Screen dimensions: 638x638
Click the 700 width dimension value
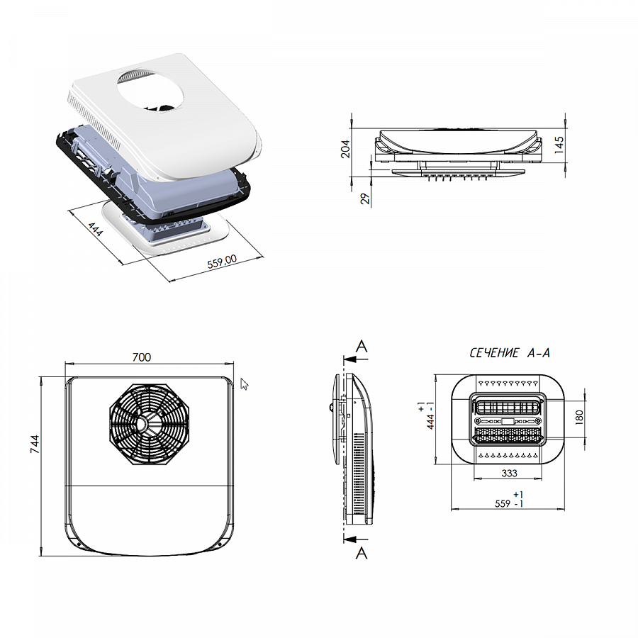(142, 357)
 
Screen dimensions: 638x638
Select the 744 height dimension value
(35, 444)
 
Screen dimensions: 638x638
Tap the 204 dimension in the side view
(345, 149)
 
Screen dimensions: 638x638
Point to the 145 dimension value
(559, 145)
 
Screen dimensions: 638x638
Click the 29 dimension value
(365, 198)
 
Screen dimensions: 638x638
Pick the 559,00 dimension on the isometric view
(222, 261)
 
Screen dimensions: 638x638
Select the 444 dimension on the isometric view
(95, 230)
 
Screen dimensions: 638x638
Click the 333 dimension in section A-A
(509, 474)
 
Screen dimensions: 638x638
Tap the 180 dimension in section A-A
(579, 418)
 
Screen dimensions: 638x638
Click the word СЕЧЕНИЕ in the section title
(494, 353)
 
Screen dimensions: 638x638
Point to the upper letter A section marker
(362, 346)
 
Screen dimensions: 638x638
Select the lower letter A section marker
(362, 553)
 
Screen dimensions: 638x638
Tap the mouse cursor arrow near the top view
(244, 384)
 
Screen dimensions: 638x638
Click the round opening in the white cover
(150, 91)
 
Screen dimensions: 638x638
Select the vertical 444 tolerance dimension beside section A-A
(426, 415)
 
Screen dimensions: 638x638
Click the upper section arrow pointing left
(355, 359)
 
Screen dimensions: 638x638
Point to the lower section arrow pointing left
(355, 539)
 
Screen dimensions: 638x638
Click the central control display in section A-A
(508, 421)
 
